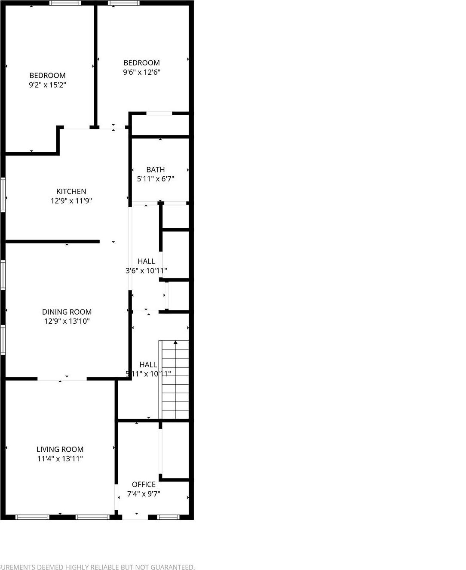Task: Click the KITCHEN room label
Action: click(71, 191)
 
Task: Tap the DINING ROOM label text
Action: click(67, 312)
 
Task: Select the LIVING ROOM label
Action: click(60, 449)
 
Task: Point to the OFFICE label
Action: click(144, 484)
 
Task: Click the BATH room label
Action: click(155, 169)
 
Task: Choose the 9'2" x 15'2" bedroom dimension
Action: click(47, 85)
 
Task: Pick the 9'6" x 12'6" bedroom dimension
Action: click(141, 72)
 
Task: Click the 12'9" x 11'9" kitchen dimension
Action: click(71, 201)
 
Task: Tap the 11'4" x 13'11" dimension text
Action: click(60, 459)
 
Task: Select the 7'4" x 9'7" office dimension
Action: click(144, 494)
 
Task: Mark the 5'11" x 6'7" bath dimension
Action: click(155, 179)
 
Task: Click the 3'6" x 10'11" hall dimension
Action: click(146, 270)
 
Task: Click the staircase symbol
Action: click(174, 380)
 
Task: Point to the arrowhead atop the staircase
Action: click(175, 343)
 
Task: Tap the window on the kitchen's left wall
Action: click(3, 195)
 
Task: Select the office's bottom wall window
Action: click(168, 517)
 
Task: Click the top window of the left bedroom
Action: click(65, 3)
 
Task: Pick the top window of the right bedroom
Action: click(124, 3)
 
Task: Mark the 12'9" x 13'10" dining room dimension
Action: click(67, 321)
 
